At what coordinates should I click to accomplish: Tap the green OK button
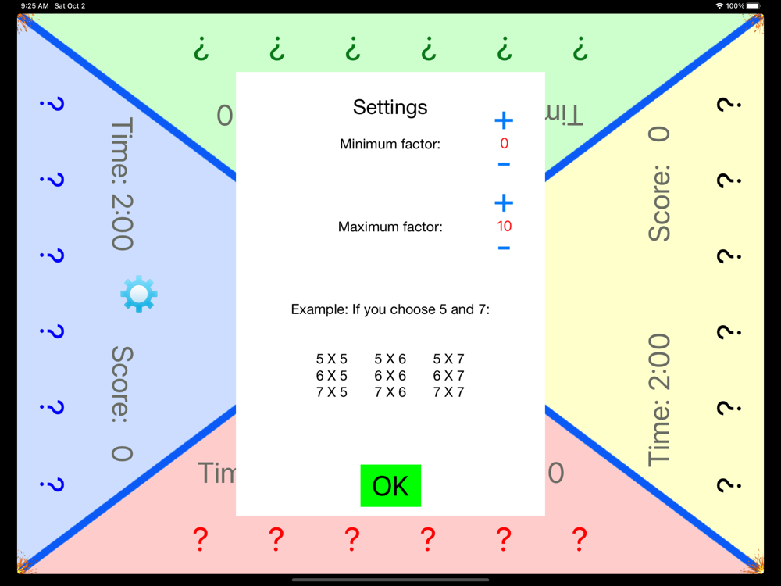(x=390, y=486)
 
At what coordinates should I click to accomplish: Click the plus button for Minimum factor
(x=504, y=120)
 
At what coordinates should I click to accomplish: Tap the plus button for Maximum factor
(x=504, y=203)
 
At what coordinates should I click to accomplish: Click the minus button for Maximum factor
(x=504, y=248)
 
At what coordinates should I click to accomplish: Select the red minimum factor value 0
(x=504, y=144)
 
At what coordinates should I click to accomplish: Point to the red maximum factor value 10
(x=504, y=227)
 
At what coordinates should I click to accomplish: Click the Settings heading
(x=390, y=107)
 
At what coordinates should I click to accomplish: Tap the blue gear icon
(x=139, y=295)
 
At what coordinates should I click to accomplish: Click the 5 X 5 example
(x=332, y=359)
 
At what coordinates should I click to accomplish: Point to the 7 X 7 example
(x=449, y=392)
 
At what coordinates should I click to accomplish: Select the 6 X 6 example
(x=390, y=376)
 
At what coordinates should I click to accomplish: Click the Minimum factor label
(x=390, y=144)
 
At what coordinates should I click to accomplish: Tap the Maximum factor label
(x=390, y=227)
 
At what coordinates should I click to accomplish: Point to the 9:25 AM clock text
(x=35, y=6)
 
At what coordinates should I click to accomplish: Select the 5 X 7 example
(x=449, y=359)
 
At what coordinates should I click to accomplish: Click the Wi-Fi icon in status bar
(x=719, y=6)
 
